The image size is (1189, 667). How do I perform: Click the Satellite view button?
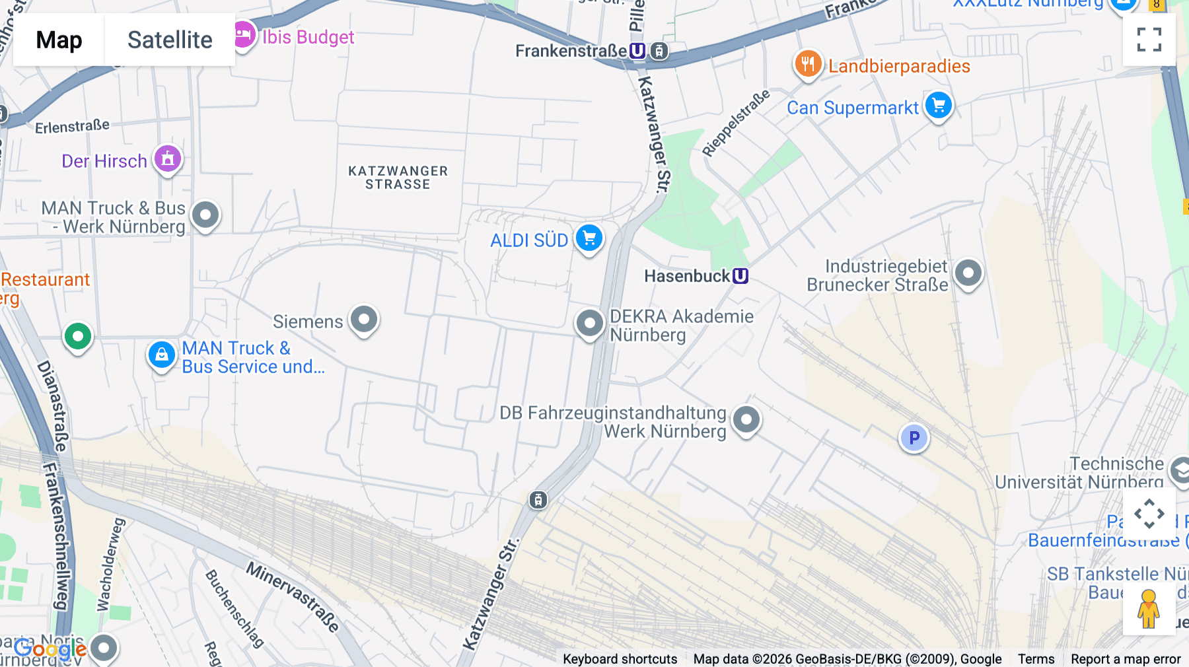[x=170, y=40]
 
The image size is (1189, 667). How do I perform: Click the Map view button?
[x=59, y=40]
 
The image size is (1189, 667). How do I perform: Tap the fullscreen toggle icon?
[x=1149, y=40]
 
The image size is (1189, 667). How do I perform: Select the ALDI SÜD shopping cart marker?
[x=589, y=238]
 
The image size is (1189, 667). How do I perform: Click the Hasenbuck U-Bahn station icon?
[x=740, y=276]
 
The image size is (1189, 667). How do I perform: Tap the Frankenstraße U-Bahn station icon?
[x=637, y=51]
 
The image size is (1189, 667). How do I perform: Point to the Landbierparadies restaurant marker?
[x=808, y=65]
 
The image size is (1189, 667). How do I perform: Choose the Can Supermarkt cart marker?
[x=938, y=106]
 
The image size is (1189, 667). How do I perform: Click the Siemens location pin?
[x=364, y=320]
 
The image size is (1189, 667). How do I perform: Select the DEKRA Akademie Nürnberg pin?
[x=589, y=324]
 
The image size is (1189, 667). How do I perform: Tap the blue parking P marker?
[x=914, y=438]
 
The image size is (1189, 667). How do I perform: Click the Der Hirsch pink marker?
[x=168, y=158]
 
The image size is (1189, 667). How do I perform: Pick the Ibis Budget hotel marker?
[x=243, y=34]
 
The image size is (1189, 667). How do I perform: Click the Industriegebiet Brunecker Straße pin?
[x=968, y=273]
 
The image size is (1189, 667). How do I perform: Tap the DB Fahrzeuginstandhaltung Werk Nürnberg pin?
[x=746, y=419]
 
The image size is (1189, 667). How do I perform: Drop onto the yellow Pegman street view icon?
[x=1149, y=609]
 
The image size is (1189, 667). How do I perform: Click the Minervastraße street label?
[x=293, y=596]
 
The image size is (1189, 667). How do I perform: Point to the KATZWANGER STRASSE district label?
[x=398, y=178]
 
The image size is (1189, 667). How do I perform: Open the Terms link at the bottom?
[x=1036, y=658]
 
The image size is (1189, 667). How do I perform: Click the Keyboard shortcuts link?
[x=620, y=658]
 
